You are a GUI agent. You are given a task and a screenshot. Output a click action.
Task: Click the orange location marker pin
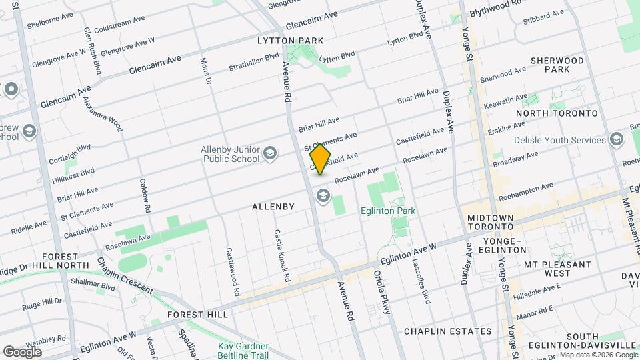point(321,159)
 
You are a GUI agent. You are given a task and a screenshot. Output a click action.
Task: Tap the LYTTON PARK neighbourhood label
point(290,41)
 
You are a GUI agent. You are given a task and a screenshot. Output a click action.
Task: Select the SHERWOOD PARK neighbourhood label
point(557,65)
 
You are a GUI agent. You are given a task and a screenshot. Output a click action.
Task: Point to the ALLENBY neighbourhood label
point(273,207)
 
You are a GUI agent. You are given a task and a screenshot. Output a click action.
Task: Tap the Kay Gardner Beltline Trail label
point(243,351)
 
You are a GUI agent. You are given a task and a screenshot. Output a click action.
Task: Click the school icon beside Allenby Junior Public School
point(270,155)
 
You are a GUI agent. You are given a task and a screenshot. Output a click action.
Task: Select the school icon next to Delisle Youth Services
point(616,140)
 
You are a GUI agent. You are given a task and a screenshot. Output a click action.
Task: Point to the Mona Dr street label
point(206,71)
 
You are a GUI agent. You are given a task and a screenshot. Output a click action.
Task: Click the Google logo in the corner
point(23,351)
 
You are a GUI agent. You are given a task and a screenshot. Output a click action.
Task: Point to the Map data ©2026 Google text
point(598,355)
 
